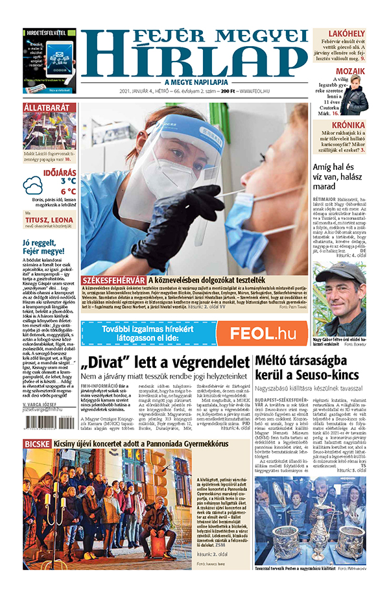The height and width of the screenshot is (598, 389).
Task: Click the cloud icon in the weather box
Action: click(33, 186)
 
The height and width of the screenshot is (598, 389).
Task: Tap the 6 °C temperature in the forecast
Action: click(68, 191)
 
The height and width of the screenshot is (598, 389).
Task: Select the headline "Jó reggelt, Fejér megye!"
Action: click(43, 247)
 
